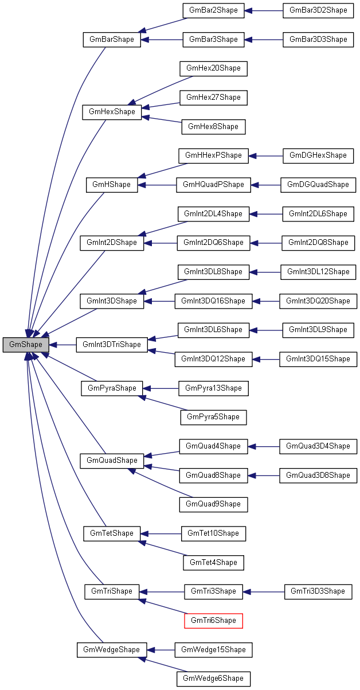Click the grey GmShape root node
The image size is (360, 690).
pos(26,345)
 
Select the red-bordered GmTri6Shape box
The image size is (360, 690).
pos(213,620)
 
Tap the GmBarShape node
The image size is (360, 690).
pos(112,40)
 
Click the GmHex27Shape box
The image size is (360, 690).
pos(213,98)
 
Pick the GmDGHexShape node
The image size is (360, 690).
pos(318,155)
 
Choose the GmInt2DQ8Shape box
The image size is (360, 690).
pos(318,243)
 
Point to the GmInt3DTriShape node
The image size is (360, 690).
pos(112,345)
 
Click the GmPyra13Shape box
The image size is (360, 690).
pos(213,388)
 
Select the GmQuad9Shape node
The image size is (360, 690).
pos(213,504)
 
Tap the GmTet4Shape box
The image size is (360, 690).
pos(213,562)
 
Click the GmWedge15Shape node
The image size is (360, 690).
pos(213,649)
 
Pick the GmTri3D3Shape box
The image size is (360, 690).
pos(318,591)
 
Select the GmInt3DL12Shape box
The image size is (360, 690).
pos(318,271)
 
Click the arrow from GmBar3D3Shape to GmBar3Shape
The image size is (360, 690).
pos(264,40)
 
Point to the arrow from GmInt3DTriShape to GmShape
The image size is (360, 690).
pos(62,345)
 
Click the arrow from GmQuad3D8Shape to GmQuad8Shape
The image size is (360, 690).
pos(263,475)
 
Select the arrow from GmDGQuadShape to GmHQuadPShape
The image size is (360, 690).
pos(265,185)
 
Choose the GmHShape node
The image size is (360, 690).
pos(112,185)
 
